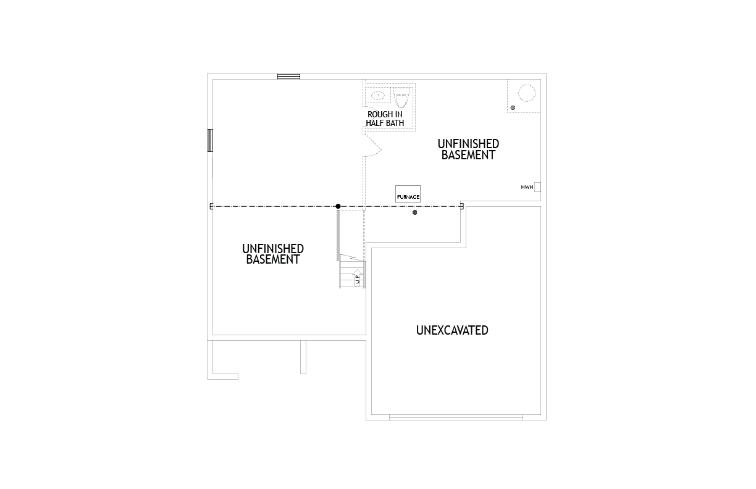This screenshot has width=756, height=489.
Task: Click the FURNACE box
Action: click(408, 194)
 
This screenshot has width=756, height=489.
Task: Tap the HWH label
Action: click(527, 187)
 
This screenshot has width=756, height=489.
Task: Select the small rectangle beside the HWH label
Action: click(537, 187)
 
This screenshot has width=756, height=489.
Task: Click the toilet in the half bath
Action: click(401, 97)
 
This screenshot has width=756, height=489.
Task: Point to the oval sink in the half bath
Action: click(378, 96)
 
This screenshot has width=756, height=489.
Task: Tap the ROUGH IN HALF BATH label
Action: click(385, 119)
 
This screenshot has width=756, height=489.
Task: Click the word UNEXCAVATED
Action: click(452, 330)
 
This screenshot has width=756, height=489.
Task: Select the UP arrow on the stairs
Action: click(358, 277)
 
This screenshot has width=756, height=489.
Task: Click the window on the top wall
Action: click(288, 77)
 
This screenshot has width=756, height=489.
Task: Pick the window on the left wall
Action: click(210, 140)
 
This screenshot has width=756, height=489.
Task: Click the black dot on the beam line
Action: click(338, 206)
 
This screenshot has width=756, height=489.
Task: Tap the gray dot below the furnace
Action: click(415, 212)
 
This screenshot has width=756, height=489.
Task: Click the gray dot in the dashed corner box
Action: click(513, 107)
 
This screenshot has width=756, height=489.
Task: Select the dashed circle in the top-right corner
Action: click(527, 93)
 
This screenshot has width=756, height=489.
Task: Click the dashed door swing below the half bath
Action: click(372, 145)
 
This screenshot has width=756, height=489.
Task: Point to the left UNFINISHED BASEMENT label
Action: click(273, 254)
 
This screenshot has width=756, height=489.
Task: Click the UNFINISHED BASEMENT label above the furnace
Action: click(468, 149)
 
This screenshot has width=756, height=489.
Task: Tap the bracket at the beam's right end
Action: click(462, 206)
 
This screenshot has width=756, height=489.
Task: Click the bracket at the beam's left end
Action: click(212, 206)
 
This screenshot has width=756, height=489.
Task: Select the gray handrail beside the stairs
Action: click(338, 235)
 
